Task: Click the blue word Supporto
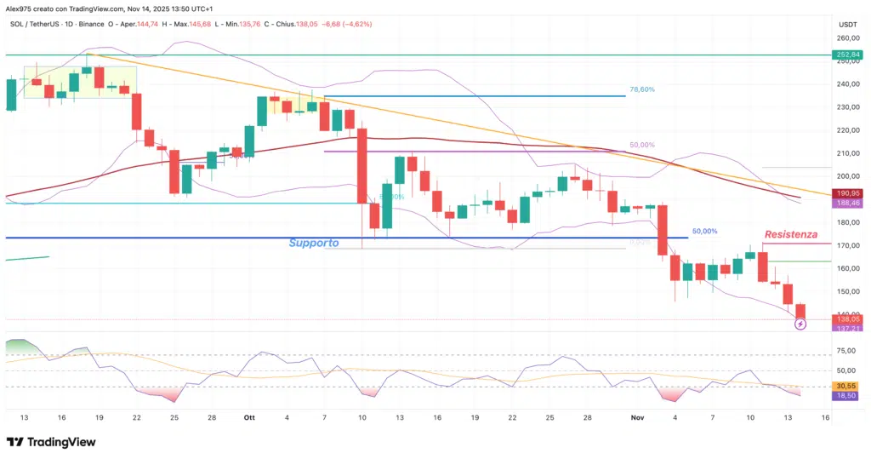click(314, 243)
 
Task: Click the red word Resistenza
click(790, 233)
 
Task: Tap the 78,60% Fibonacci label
click(642, 89)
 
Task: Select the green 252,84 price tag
click(847, 55)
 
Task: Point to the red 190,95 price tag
click(847, 193)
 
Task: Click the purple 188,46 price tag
click(847, 204)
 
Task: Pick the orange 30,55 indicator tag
click(847, 385)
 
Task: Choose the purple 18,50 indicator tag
click(847, 396)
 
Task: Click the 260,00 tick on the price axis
click(847, 38)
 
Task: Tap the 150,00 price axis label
click(847, 291)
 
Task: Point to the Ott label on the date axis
click(249, 417)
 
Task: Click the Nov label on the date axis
click(638, 417)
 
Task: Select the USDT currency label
click(847, 25)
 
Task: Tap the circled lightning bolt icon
click(800, 324)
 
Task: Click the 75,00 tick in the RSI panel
click(847, 350)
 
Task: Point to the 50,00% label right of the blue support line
click(704, 231)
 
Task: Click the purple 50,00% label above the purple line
click(642, 146)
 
